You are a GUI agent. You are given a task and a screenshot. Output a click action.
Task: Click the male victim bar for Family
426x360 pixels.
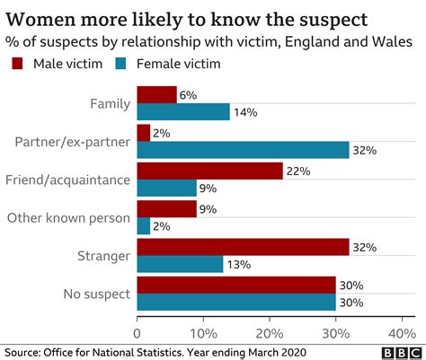156,94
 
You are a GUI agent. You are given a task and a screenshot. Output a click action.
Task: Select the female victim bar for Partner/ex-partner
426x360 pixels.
243,150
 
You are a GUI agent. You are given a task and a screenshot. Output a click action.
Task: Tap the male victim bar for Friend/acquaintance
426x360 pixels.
209,171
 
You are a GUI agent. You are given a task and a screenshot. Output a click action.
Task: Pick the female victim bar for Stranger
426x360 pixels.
180,264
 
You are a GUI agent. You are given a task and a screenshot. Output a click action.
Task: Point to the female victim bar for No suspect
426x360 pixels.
236,302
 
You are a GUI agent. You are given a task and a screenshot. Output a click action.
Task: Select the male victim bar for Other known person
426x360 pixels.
166,208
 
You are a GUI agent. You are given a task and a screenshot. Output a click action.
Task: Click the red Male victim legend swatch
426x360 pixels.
17,64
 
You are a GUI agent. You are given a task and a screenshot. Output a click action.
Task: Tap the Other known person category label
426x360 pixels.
69,216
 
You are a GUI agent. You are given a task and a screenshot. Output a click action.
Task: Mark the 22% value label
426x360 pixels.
297,171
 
